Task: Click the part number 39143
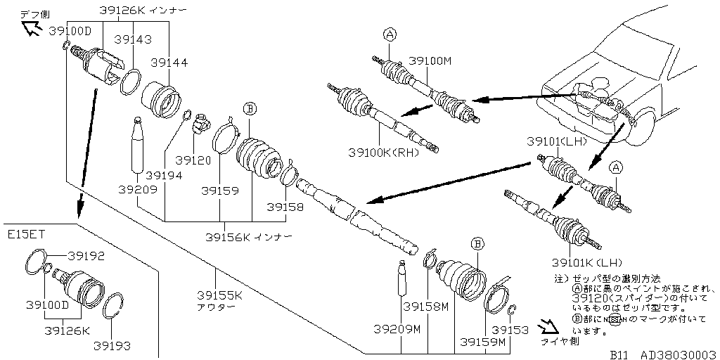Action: (x=133, y=40)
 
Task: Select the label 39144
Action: (x=169, y=63)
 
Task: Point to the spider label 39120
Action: (x=193, y=160)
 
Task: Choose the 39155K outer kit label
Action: (x=219, y=295)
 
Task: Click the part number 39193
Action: (x=113, y=345)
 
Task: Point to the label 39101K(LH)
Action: (x=587, y=262)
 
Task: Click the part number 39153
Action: (x=510, y=328)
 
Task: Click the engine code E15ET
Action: (x=25, y=233)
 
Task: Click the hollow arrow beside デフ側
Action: (x=30, y=28)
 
